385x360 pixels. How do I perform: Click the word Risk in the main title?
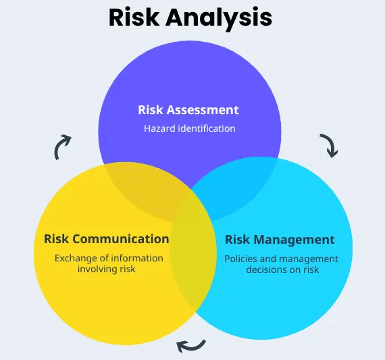coord(134,17)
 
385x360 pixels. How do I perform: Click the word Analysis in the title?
coord(219,19)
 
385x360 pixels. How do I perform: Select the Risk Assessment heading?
coord(188,110)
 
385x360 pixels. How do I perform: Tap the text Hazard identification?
coord(190,128)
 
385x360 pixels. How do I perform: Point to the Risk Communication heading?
coord(107,239)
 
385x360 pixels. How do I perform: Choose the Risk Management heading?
coord(280,240)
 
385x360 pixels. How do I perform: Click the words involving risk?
coord(106,269)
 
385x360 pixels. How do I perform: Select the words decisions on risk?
coord(282,269)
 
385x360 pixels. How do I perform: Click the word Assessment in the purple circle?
coord(203,110)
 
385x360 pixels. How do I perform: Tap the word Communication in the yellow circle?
coord(121,239)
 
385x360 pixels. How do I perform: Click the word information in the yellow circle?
coord(137,258)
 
